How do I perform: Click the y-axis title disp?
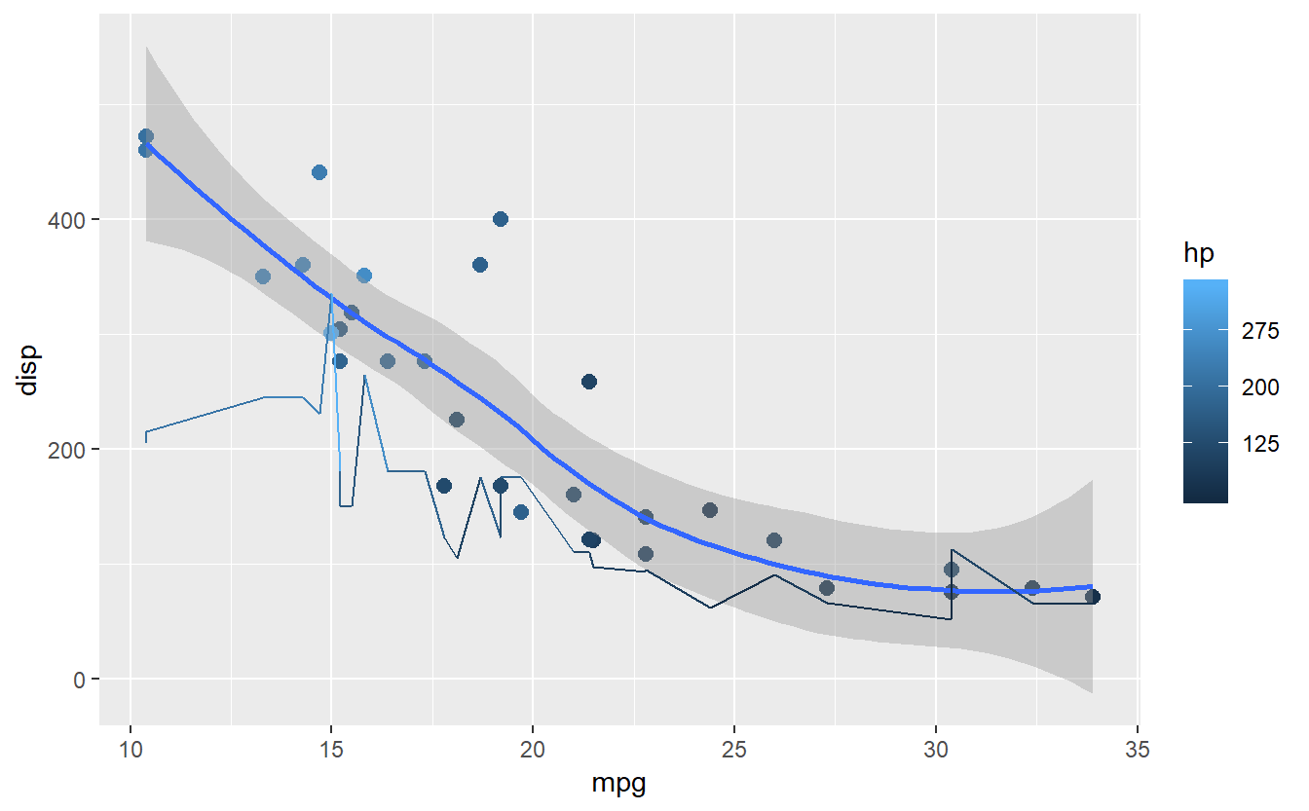(28, 370)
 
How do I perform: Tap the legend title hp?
(1198, 253)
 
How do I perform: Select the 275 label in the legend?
(1261, 331)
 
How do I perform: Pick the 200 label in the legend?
(1261, 387)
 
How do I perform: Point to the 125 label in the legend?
(1261, 442)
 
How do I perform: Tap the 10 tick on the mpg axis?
(131, 751)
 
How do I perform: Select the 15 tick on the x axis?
(331, 751)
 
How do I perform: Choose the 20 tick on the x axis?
(533, 751)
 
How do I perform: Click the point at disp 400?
(501, 219)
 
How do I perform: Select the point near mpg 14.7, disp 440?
(319, 172)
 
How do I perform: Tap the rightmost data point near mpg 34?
(1092, 597)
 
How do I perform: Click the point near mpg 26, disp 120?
(774, 540)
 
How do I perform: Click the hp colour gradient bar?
(1205, 391)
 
